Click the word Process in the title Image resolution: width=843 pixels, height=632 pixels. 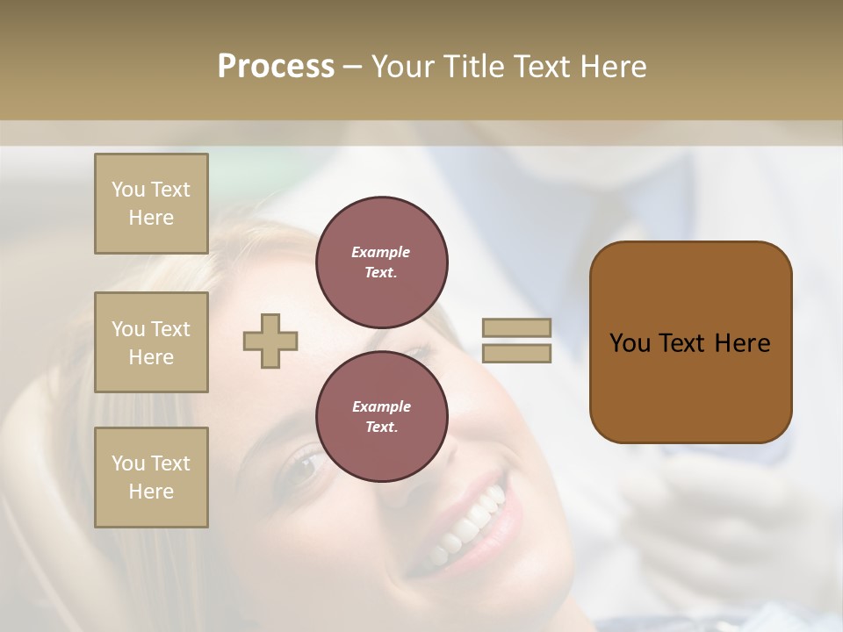276,67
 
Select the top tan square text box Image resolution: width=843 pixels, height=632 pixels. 151,204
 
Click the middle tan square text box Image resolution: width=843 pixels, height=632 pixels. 151,342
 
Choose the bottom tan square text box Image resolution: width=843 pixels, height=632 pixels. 151,478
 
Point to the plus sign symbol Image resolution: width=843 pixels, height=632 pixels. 270,341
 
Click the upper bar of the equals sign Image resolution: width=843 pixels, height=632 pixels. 516,327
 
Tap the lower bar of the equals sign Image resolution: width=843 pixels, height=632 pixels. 516,353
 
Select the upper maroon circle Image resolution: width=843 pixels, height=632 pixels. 381,262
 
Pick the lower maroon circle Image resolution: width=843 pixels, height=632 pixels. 381,417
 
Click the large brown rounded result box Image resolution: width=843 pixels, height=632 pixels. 690,342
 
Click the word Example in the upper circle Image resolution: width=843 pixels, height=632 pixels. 381,252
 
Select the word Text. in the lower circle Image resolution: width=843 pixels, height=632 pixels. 381,427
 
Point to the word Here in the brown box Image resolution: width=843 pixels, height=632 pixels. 742,343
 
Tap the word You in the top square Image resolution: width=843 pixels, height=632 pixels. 127,190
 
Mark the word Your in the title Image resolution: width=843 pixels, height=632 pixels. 402,67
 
